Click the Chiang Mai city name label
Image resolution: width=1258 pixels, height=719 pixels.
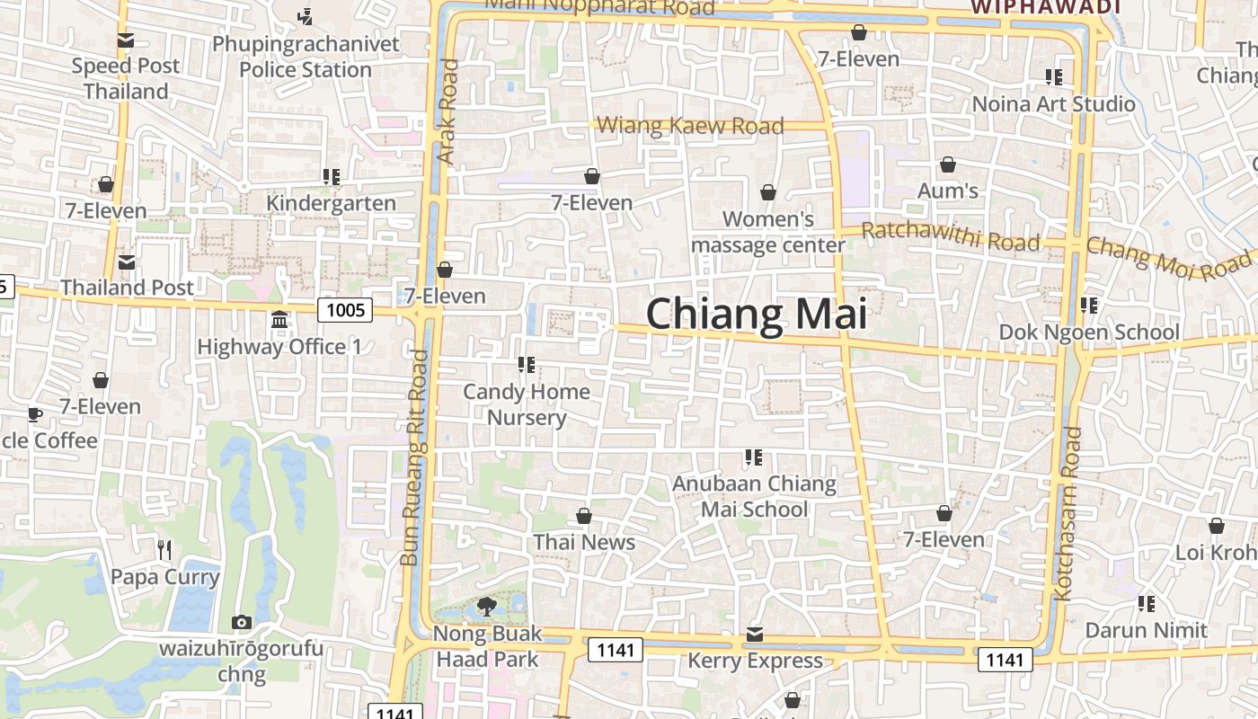coord(757,315)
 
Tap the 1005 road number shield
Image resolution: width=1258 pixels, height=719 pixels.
coord(346,310)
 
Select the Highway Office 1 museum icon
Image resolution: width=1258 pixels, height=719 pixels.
coord(279,320)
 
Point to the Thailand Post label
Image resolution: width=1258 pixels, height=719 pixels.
coord(127,288)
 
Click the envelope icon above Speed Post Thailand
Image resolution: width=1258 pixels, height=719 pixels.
coord(126,40)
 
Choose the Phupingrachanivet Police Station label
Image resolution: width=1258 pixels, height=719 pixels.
coord(306,57)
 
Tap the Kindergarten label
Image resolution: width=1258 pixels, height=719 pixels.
coord(331,203)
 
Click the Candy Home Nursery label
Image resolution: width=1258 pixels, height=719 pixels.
coord(527,404)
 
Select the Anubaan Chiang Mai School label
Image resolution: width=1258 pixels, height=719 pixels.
coord(754,496)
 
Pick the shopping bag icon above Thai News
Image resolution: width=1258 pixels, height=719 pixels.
coord(584,516)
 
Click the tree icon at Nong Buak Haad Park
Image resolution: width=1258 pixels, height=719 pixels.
coord(487,607)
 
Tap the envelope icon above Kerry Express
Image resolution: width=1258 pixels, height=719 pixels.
coord(755,635)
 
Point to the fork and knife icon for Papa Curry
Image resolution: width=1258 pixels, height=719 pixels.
coord(164,550)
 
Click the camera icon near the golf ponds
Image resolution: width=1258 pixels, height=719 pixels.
coord(241,622)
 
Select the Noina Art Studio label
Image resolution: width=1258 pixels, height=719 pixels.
coord(1054,104)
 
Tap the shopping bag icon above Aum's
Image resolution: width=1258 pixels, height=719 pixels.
coord(948,164)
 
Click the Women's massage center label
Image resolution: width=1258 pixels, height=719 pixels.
coord(768,232)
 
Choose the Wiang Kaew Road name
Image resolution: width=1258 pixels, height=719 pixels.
coord(690,126)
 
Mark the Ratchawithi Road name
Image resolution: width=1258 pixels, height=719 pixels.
coord(951,237)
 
